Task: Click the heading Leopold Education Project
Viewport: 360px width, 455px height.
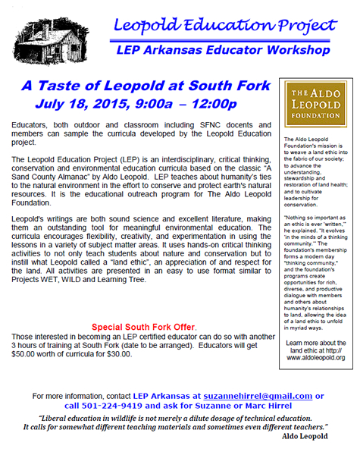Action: [220, 24]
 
